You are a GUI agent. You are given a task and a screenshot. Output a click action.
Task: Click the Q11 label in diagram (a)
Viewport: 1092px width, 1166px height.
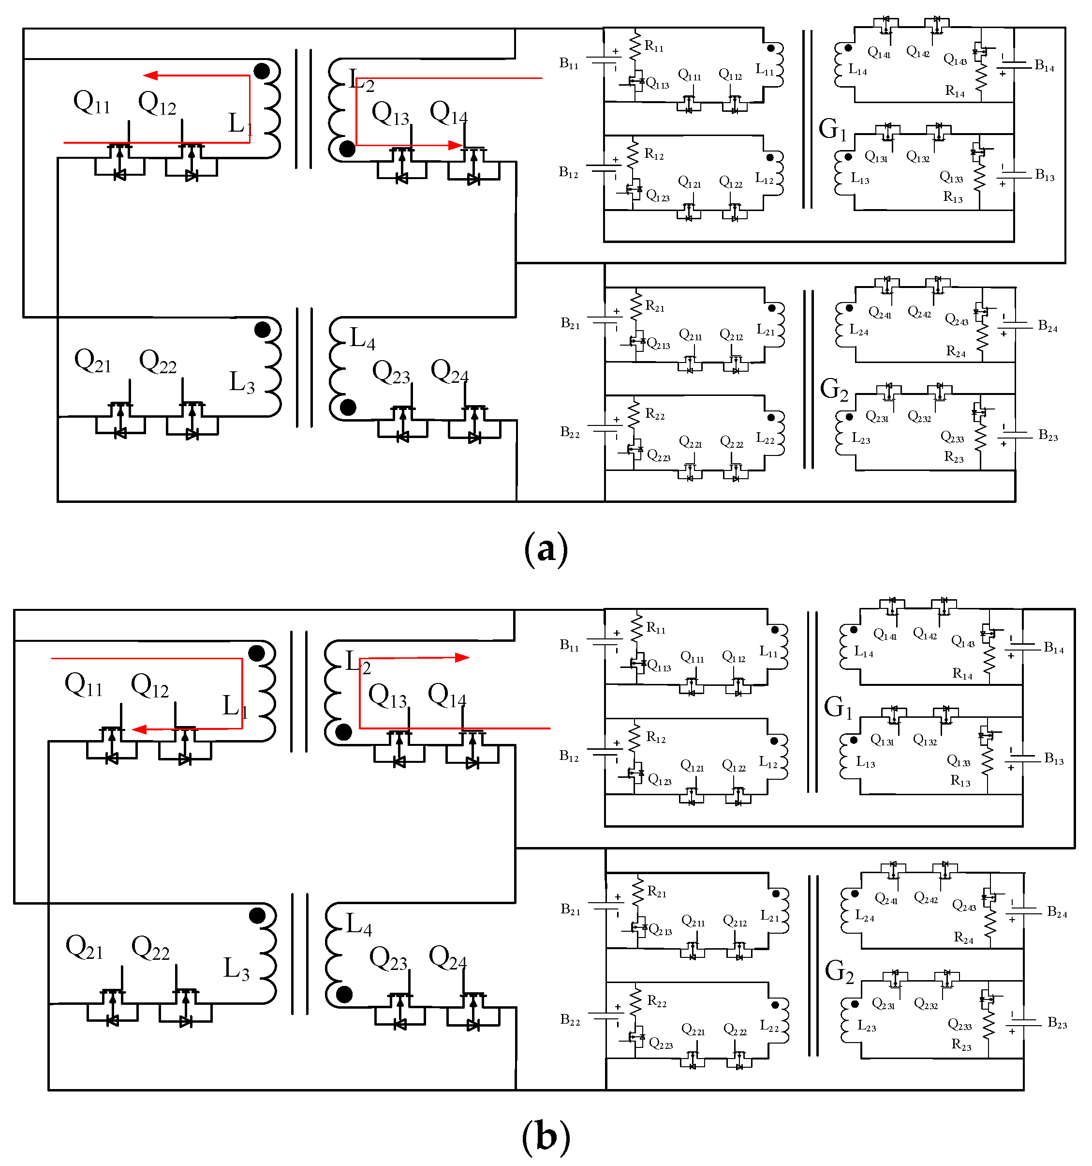tap(91, 103)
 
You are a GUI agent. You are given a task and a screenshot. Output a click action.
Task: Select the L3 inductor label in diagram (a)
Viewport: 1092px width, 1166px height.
tap(241, 382)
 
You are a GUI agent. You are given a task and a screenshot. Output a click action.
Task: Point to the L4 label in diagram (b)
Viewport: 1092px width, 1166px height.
tap(359, 924)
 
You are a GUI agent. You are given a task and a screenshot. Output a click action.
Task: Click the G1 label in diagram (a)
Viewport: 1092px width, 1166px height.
tap(832, 129)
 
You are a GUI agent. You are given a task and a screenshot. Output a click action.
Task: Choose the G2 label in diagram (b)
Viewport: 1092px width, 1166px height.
tap(839, 971)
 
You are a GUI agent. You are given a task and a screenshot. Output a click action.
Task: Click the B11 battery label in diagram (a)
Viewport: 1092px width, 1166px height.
tap(569, 63)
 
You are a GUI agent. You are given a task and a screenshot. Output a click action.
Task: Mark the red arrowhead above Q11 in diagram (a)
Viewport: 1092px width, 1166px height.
tap(150, 75)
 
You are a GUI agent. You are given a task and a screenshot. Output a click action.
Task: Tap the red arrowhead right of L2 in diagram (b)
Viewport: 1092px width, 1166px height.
tap(462, 657)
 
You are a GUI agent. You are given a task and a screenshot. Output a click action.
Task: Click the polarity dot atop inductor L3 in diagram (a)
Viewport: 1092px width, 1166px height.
tap(263, 330)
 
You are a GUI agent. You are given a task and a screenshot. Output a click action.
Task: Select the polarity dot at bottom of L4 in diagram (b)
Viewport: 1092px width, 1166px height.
tap(344, 994)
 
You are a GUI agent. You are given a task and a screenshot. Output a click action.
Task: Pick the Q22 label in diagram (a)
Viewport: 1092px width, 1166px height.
tap(158, 361)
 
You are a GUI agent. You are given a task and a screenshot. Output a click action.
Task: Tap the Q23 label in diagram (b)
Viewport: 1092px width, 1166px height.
tap(388, 959)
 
